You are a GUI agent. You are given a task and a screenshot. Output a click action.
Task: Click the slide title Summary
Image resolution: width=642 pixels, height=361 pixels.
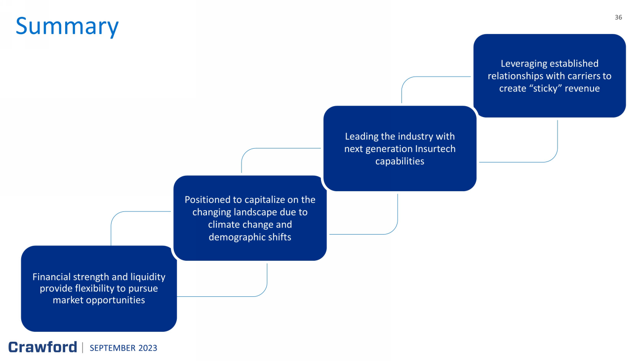[67, 26]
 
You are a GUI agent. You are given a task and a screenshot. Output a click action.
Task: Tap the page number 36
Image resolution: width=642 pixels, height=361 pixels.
[618, 17]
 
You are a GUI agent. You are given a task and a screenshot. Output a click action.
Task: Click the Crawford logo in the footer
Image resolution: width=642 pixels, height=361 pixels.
[42, 347]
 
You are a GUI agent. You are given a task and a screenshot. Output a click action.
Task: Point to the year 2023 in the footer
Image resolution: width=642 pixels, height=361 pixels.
[147, 348]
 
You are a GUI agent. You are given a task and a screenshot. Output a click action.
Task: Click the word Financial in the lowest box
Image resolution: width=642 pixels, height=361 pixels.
[51, 277]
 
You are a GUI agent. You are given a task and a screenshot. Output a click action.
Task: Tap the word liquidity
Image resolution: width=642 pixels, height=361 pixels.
[148, 277]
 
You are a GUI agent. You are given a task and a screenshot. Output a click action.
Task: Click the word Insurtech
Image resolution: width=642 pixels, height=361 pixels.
[436, 149]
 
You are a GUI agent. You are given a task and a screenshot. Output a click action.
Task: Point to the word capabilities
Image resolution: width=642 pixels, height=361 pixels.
[400, 161]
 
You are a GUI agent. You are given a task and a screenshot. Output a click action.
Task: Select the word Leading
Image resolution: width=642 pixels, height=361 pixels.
[361, 136]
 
